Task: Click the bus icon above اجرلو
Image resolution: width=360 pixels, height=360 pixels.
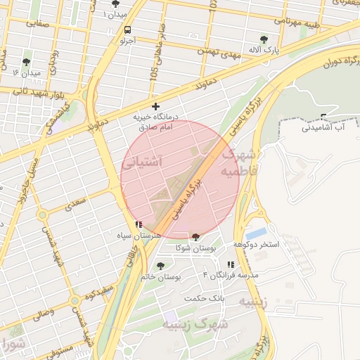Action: click(x=127, y=30)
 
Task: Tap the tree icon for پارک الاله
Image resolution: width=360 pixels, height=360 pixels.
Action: click(x=264, y=39)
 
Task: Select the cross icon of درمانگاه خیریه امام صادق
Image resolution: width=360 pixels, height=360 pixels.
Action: click(x=155, y=106)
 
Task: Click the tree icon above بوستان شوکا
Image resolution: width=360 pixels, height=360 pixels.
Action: click(x=195, y=237)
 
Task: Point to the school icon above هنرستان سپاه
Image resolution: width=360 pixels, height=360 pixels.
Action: click(x=139, y=224)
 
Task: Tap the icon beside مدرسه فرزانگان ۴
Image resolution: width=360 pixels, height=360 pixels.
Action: click(x=231, y=264)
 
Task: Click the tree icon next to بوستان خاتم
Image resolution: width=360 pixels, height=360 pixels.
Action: click(x=160, y=266)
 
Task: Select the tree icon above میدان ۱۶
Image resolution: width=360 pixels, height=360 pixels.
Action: click(x=26, y=62)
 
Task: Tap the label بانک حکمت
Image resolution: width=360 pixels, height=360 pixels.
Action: click(x=204, y=298)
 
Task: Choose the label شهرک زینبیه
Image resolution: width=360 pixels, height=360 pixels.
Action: click(x=195, y=325)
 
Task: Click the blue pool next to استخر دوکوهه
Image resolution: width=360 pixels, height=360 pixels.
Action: click(x=257, y=232)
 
